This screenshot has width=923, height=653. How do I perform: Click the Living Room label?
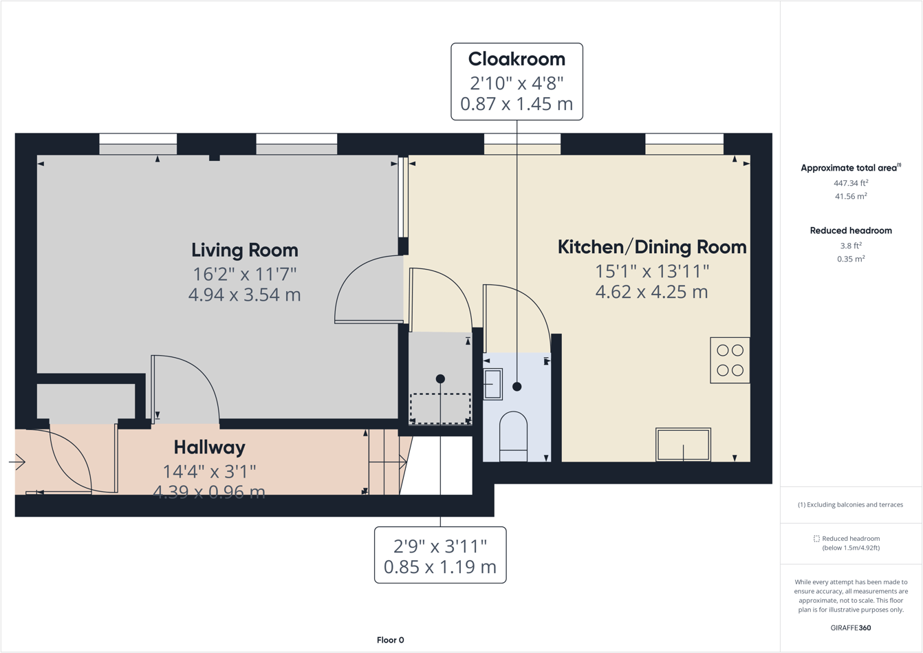(244, 250)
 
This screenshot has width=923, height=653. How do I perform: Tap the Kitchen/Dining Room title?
(651, 247)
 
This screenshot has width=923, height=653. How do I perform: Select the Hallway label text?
(209, 447)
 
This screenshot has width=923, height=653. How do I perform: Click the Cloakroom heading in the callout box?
(517, 59)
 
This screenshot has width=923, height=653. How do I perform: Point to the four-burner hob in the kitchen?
(730, 360)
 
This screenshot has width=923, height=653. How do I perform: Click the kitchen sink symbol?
(683, 445)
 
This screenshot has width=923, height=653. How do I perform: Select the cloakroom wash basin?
(492, 384)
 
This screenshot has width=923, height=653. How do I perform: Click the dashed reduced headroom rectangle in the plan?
(440, 408)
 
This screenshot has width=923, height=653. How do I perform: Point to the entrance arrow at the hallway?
(17, 462)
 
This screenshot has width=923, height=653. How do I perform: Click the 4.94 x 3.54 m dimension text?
(244, 295)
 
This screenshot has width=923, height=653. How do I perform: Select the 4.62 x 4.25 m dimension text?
(651, 292)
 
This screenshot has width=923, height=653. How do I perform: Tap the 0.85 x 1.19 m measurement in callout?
(440, 568)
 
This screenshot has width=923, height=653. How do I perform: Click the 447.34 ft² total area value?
(851, 183)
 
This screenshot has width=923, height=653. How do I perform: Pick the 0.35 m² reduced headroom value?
(851, 259)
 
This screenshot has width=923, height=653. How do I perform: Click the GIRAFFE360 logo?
(851, 628)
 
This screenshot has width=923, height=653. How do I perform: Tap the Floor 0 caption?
(390, 640)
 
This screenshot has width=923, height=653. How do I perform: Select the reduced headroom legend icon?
(816, 539)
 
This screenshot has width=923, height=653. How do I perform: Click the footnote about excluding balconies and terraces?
(851, 504)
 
